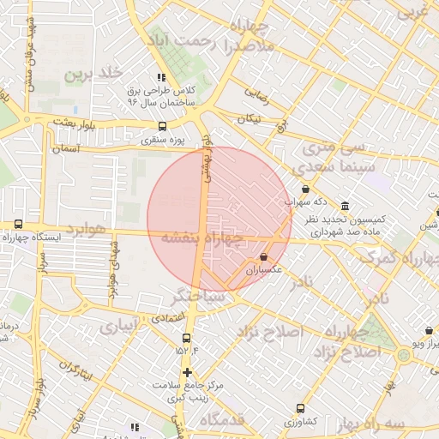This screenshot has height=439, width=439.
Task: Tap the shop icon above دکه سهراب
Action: [306, 189]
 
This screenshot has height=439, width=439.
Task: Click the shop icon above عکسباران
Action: [263, 256]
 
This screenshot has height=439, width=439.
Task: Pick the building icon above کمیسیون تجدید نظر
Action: [345, 206]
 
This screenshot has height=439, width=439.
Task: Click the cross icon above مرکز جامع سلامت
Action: [187, 372]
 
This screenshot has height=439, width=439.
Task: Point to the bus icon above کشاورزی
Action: [300, 408]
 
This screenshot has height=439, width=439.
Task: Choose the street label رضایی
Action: [257, 94]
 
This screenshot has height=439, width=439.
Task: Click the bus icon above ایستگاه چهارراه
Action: [19, 225]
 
